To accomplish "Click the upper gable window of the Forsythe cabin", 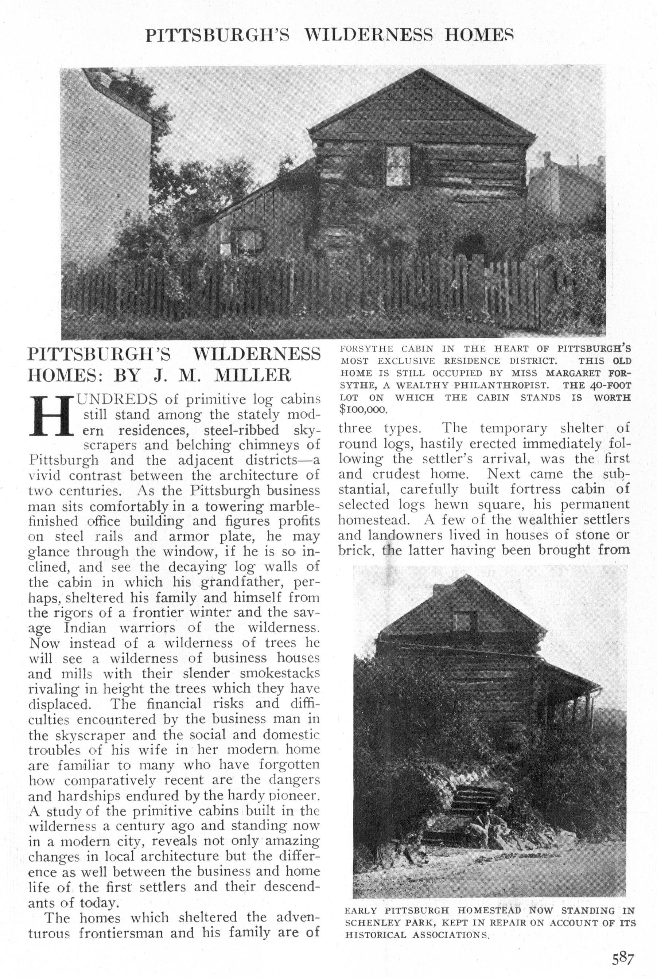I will tap(398, 166).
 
